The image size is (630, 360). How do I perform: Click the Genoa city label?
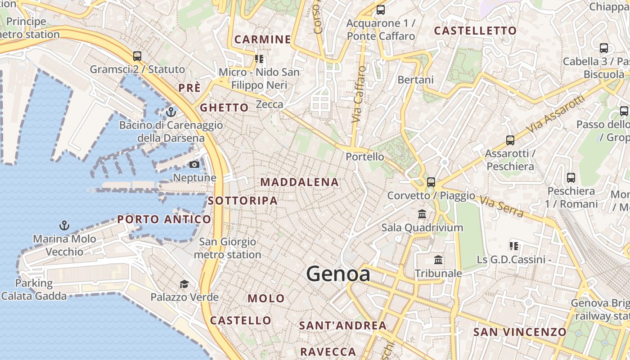[x=338, y=274]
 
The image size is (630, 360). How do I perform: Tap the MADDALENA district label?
[x=299, y=182]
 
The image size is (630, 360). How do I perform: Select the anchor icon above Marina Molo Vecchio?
[x=64, y=225]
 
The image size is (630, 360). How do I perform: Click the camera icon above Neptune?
[x=194, y=165]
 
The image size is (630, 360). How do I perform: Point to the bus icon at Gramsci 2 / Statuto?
[x=137, y=56]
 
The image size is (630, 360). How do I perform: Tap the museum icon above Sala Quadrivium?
[x=422, y=214]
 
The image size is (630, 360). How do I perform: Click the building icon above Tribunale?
[x=438, y=260]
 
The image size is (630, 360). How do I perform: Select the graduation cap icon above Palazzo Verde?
[x=184, y=284]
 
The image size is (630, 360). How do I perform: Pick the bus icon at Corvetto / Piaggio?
[x=431, y=182]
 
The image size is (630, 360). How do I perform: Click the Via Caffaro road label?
[x=359, y=94]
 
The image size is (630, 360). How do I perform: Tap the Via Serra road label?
[x=501, y=206]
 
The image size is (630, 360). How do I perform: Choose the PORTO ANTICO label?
[x=164, y=220]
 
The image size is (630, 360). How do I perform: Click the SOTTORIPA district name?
[x=243, y=201]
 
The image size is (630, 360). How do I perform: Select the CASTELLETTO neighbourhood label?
[x=475, y=31]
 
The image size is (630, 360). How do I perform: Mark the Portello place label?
[x=365, y=157]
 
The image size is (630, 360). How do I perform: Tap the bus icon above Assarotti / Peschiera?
[x=510, y=140]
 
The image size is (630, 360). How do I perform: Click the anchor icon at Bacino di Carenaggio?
[x=171, y=112]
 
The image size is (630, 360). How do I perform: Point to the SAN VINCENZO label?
[x=520, y=332]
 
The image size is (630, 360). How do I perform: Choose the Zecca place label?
[x=270, y=105]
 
